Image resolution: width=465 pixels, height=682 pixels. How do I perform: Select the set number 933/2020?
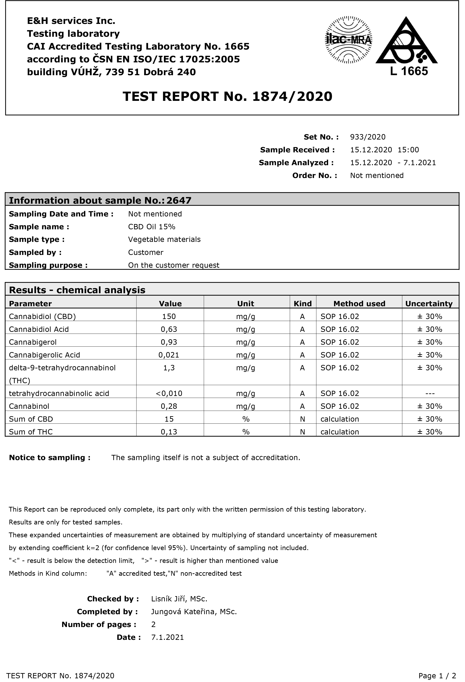point(368,137)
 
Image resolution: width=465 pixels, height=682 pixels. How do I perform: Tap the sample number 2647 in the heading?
point(179,200)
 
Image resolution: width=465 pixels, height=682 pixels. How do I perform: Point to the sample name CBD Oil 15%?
point(152,227)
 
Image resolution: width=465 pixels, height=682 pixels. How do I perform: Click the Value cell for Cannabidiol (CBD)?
point(169,317)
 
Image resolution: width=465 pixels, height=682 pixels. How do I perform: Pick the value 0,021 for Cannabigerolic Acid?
point(169,355)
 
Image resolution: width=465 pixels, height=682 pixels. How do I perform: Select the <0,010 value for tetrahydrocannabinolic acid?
point(169,394)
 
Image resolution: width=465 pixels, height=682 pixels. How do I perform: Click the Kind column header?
point(303,304)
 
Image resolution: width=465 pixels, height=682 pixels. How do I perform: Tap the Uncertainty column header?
point(429,304)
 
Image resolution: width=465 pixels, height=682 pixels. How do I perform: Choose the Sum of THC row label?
point(31,432)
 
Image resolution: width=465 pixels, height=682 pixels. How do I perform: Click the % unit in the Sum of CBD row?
point(246,419)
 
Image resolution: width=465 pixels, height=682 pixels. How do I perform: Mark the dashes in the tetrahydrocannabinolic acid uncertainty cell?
point(430,394)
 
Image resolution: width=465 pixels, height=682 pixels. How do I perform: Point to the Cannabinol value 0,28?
point(169,406)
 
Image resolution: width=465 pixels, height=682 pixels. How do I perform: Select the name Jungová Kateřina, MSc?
point(194,612)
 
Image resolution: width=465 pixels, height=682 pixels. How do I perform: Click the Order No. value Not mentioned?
point(377,175)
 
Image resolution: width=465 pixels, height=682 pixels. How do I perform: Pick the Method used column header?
point(359,304)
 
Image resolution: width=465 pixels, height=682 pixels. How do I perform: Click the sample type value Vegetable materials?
point(164,240)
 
